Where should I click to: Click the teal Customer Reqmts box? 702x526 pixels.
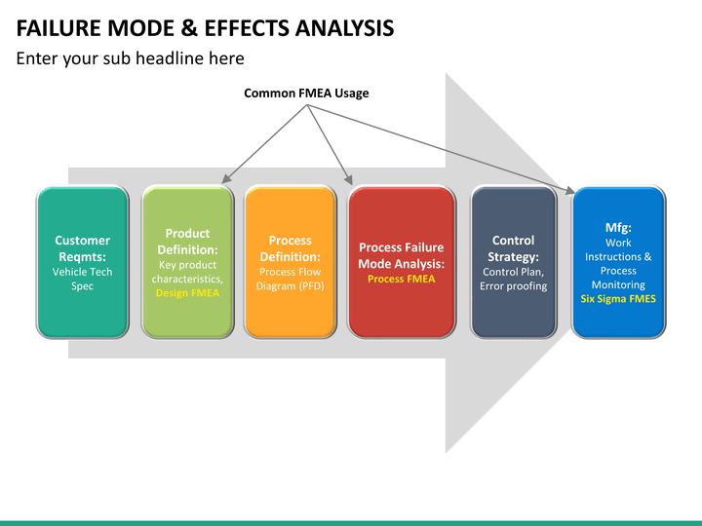(x=82, y=262)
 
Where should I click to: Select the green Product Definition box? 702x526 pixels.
(x=187, y=262)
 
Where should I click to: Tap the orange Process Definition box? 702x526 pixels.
(x=291, y=262)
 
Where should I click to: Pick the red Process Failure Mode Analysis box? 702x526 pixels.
(x=402, y=262)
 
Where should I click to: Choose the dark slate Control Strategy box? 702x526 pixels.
(x=514, y=262)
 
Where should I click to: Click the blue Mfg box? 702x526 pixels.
(x=618, y=262)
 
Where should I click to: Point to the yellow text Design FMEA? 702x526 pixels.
(x=187, y=293)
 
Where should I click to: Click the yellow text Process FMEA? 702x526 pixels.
(x=401, y=280)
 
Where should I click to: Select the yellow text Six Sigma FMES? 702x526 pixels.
(x=618, y=299)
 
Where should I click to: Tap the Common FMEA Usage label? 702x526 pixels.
(x=306, y=94)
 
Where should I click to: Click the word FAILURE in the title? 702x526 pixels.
(x=58, y=28)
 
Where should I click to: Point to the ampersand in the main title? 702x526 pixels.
(x=189, y=28)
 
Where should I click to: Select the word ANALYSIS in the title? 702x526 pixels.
(x=344, y=28)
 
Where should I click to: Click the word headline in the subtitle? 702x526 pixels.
(x=174, y=58)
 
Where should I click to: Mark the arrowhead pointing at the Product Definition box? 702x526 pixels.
(x=226, y=178)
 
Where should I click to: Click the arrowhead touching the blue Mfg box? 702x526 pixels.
(x=569, y=190)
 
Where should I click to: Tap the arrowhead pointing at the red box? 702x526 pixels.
(x=349, y=180)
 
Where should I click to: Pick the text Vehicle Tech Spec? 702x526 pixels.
(x=82, y=279)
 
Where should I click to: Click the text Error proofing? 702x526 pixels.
(x=514, y=285)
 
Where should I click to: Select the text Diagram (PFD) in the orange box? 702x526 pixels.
(x=291, y=285)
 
